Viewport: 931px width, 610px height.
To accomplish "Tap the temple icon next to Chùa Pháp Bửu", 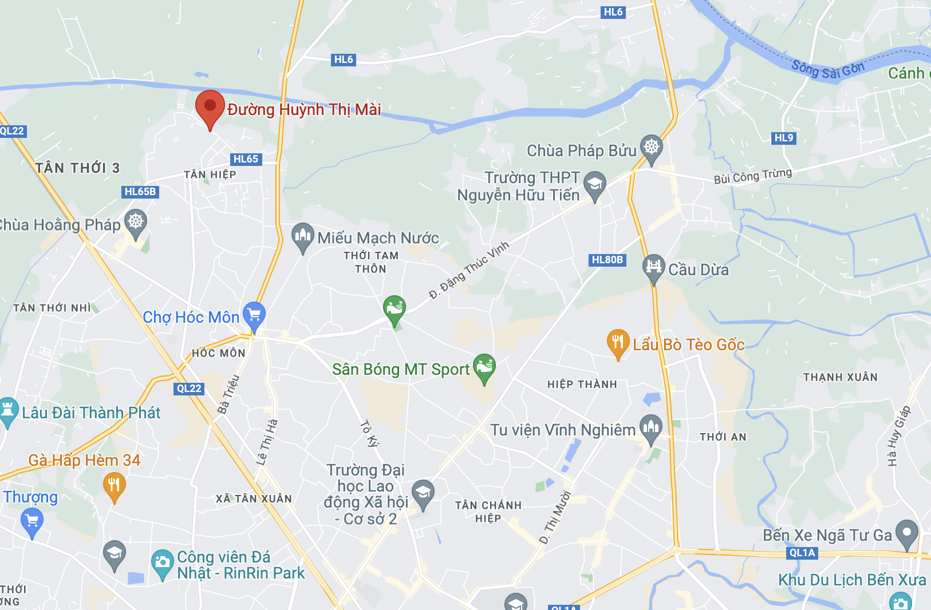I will coord(651,148).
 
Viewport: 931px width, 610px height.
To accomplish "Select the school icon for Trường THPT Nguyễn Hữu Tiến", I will coord(595,185).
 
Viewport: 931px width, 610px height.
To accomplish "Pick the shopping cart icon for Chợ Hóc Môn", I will coord(254,314).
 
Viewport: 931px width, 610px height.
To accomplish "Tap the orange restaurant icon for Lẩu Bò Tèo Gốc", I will coord(618,342).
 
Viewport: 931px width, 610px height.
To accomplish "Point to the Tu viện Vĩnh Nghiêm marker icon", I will coord(650,427).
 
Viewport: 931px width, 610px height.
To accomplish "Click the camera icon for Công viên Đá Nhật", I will coord(163,562).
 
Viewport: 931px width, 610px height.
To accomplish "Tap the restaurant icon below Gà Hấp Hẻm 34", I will coord(115,486).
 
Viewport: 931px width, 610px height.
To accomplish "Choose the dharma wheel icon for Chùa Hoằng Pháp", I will coord(136,221).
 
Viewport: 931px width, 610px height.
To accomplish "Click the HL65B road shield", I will coord(140,192).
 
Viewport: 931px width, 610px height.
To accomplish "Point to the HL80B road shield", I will coord(607,260).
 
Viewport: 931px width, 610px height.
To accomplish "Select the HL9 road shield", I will coord(784,138).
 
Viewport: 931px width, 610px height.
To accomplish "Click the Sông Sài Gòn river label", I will coord(827,70).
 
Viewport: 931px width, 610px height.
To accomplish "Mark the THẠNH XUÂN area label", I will coord(840,377).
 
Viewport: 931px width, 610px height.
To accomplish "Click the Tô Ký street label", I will coord(369,433).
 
